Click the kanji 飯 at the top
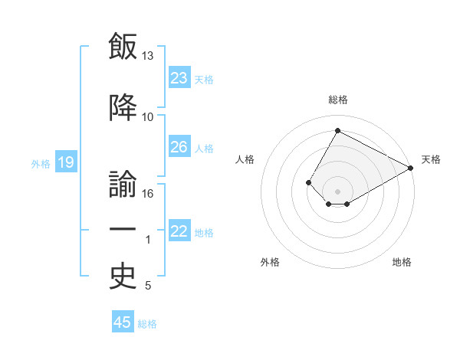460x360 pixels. pos(123,46)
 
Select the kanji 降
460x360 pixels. pos(123,107)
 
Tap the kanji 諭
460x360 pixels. pos(123,184)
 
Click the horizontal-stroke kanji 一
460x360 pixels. pos(123,229)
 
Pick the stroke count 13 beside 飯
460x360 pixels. pos(147,56)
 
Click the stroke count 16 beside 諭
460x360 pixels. pos(147,194)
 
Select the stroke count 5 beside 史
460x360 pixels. pos(148,286)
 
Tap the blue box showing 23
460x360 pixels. pos(179,77)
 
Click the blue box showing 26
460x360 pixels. pos(179,146)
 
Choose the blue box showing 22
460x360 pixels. pos(179,230)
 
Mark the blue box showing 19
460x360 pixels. pos(66,161)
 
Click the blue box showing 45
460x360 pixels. pos(123,321)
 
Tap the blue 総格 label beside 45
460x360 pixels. pos(147,324)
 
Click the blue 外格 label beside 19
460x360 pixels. pos(41,164)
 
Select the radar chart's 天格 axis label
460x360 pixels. pos(431,159)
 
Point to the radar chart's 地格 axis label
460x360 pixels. pos(402,262)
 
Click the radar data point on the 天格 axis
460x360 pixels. pos(410,168)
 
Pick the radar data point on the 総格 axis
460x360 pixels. pos(337,130)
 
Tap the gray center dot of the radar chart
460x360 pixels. pos(337,191)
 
